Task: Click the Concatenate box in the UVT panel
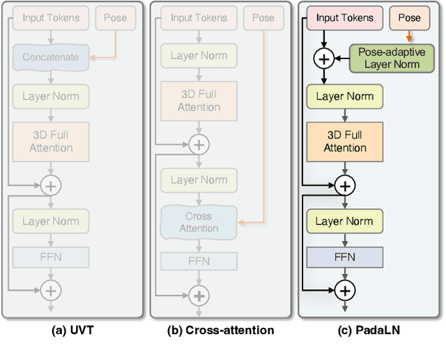tap(51, 57)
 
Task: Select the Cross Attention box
tap(199, 222)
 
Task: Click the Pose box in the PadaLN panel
tap(409, 18)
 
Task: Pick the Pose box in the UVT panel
tap(115, 18)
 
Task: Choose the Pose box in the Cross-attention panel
tap(263, 18)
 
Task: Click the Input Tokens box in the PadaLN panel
tap(344, 18)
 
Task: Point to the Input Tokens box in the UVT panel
tap(51, 18)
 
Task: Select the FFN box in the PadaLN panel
tap(344, 257)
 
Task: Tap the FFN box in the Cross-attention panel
tap(199, 261)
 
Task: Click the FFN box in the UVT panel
tap(51, 257)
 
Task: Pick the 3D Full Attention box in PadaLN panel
tap(344, 141)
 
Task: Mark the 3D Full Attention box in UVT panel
tap(51, 141)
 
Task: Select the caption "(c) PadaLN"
tap(369, 331)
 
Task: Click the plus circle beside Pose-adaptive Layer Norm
tap(323, 58)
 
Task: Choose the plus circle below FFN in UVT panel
tap(51, 288)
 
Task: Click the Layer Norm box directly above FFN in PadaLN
tap(344, 221)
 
